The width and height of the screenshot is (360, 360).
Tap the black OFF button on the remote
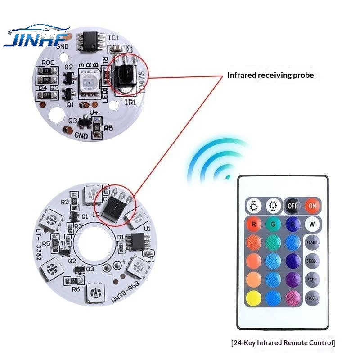(x=292, y=207)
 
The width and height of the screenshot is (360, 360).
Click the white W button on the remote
(x=311, y=224)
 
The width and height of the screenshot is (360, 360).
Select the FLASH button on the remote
(x=311, y=243)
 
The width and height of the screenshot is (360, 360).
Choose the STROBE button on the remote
(x=311, y=261)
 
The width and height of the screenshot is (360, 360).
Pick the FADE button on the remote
(x=311, y=279)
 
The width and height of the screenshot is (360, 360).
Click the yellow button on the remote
(x=253, y=297)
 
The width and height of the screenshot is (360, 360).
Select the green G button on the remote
(x=273, y=224)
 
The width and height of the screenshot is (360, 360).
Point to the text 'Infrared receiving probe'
(x=270, y=75)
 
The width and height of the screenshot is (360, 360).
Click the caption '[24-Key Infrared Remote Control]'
(x=283, y=342)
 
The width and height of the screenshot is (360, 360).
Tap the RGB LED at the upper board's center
(x=88, y=81)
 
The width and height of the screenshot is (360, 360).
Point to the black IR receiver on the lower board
(x=114, y=207)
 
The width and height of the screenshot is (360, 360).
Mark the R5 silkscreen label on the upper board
(x=108, y=128)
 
